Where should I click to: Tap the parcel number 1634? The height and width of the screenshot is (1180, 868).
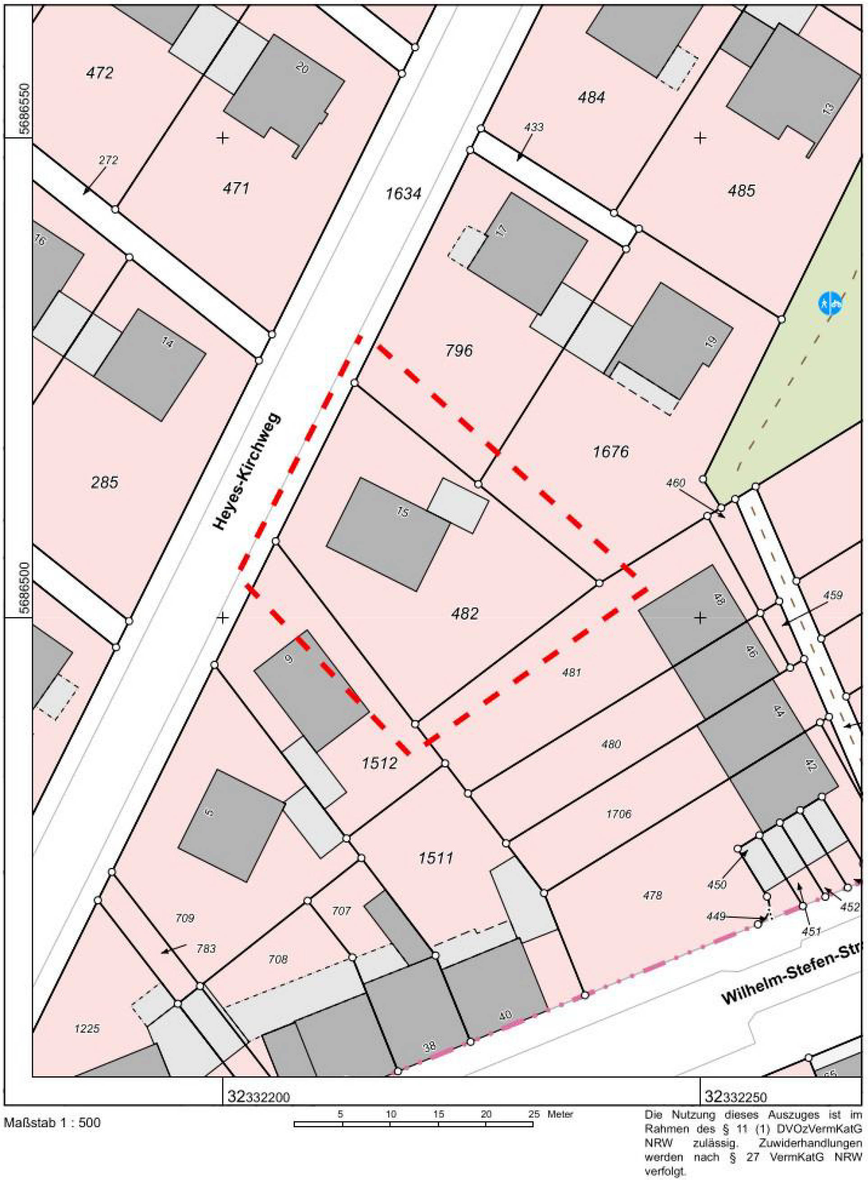click(x=403, y=194)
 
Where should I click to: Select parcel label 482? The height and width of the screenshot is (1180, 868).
click(x=464, y=613)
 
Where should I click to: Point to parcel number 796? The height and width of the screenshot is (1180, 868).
click(x=459, y=350)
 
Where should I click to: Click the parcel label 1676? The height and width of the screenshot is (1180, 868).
click(x=611, y=451)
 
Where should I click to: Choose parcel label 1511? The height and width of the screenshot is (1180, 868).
click(x=436, y=859)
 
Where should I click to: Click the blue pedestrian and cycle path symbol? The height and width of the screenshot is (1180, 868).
click(x=830, y=303)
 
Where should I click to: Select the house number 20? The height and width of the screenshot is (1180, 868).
click(x=302, y=68)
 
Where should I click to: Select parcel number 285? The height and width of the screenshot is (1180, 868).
click(x=105, y=482)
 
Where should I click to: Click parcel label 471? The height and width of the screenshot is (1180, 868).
click(x=236, y=188)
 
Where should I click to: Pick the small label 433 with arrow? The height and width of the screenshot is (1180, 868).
click(x=534, y=127)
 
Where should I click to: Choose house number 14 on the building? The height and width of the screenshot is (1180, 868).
click(x=168, y=344)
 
